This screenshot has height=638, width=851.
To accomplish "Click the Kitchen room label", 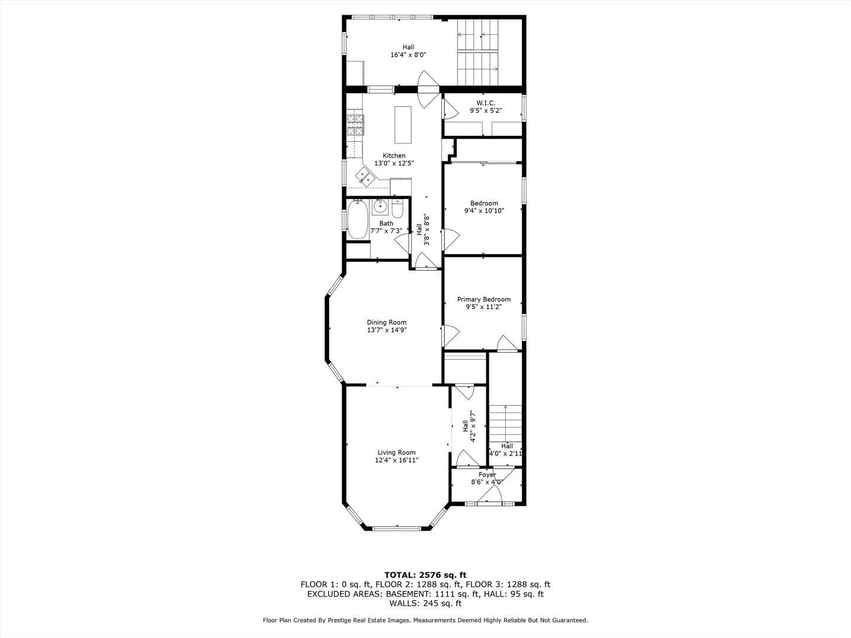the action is [394, 156].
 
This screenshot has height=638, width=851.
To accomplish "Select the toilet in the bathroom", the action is [398, 209].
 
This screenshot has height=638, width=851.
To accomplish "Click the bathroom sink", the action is [380, 207].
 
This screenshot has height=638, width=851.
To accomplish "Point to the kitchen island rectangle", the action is [403, 125].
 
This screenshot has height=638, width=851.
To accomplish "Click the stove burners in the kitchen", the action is [84, 125].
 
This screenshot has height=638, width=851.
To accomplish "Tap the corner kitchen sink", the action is [93, 177].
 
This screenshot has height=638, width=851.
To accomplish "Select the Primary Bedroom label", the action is [483, 300].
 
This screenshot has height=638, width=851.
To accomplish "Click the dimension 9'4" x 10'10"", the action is [484, 211].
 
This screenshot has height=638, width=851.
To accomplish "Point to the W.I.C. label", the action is [486, 103].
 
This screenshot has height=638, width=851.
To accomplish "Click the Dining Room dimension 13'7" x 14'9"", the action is [386, 330].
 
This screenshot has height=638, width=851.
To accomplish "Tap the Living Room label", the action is [396, 453].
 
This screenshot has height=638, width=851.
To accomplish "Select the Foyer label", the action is [487, 474].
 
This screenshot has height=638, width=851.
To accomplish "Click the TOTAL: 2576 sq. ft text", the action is [425, 575].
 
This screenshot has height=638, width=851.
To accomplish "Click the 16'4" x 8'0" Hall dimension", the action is [408, 55].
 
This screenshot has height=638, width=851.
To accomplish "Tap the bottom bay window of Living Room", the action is [397, 528].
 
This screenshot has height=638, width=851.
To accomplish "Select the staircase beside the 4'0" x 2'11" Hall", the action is [505, 423].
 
